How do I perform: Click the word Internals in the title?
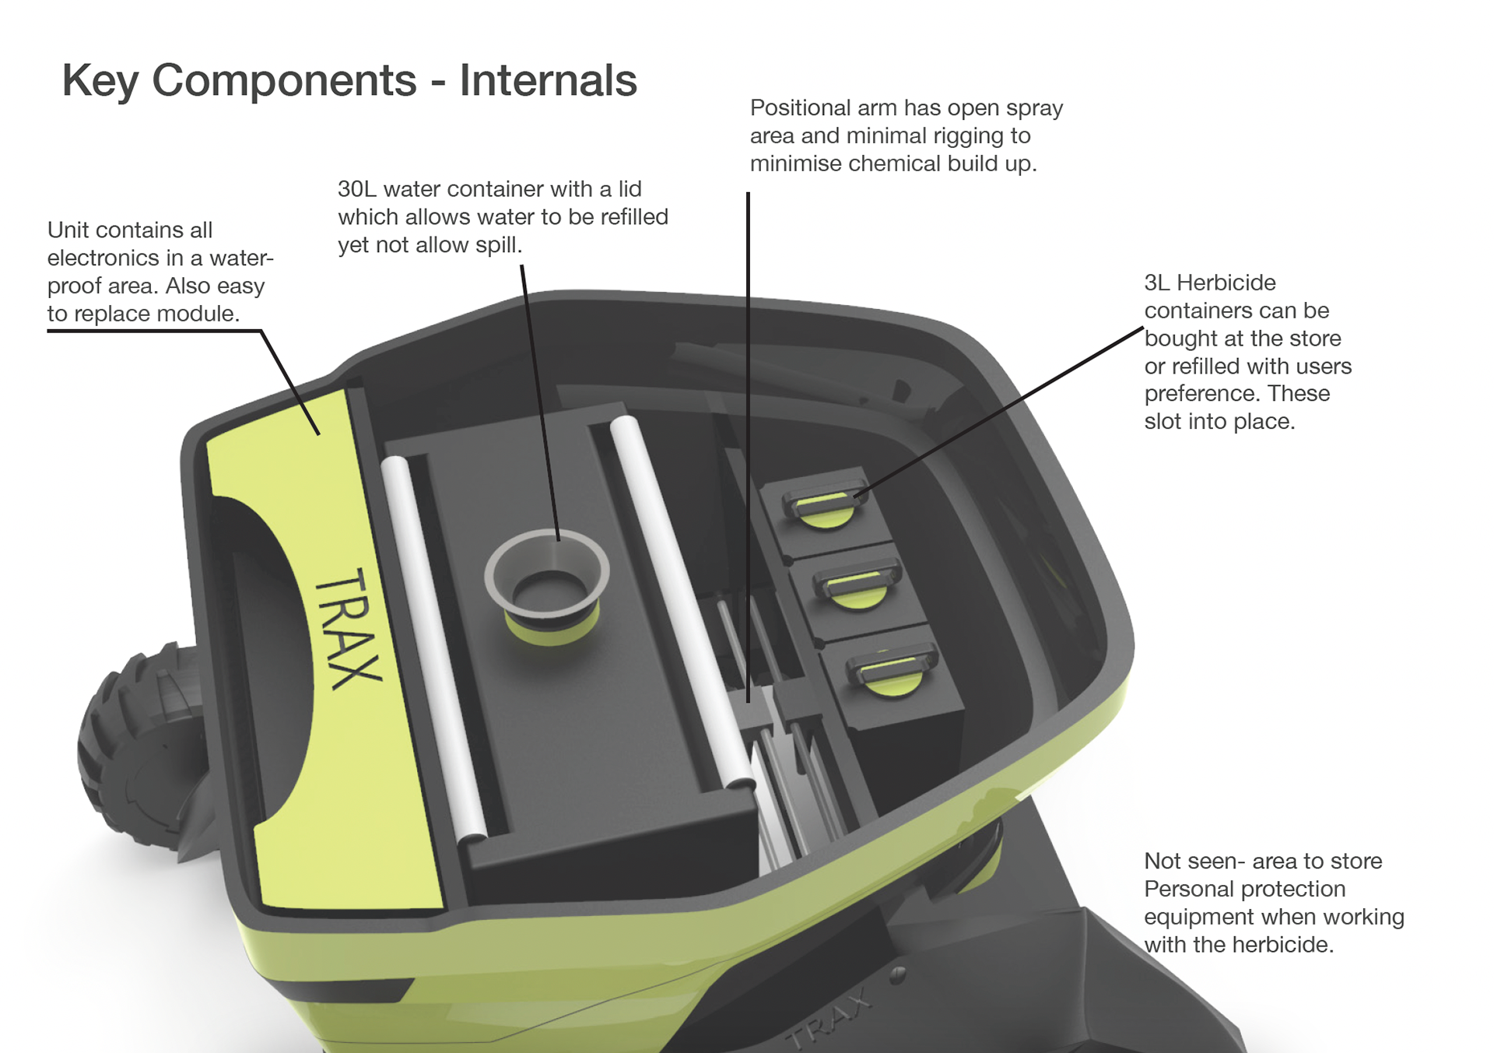(x=548, y=80)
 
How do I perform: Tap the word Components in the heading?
(x=284, y=80)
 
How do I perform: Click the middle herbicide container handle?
(x=856, y=584)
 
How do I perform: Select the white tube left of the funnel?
(x=432, y=646)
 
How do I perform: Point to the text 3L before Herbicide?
(x=1157, y=283)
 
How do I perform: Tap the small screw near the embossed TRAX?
(x=899, y=974)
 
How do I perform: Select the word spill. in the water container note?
(x=497, y=245)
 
